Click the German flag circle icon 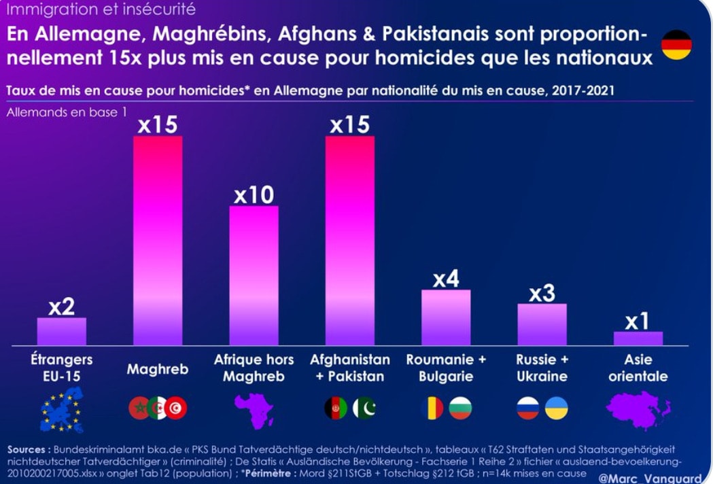pyautogui.click(x=676, y=45)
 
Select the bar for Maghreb pyautogui.click(x=158, y=241)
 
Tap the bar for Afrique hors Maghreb pyautogui.click(x=254, y=275)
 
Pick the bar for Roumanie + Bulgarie pyautogui.click(x=446, y=317)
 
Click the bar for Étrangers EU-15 pyautogui.click(x=62, y=331)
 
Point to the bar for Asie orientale pyautogui.click(x=638, y=338)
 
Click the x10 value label pyautogui.click(x=254, y=195)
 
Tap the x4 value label pyautogui.click(x=446, y=279)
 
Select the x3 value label pyautogui.click(x=542, y=293)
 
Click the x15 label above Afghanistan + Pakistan pyautogui.click(x=349, y=125)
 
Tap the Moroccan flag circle pyautogui.click(x=139, y=408)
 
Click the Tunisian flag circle pyautogui.click(x=176, y=408)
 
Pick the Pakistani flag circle pyautogui.click(x=364, y=408)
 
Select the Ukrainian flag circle pyautogui.click(x=557, y=408)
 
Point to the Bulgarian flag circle pyautogui.click(x=460, y=408)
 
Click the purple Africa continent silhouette pyautogui.click(x=254, y=409)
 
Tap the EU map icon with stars pyautogui.click(x=62, y=409)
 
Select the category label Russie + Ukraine pyautogui.click(x=542, y=368)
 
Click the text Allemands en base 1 pyautogui.click(x=67, y=112)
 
